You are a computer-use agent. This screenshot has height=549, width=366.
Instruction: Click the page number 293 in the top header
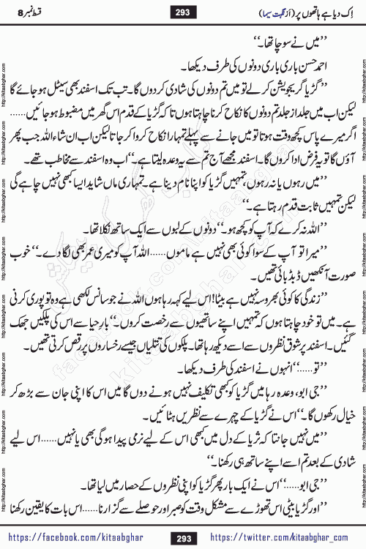coord(182,11)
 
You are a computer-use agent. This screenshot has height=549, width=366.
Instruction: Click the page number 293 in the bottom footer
coord(182,538)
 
